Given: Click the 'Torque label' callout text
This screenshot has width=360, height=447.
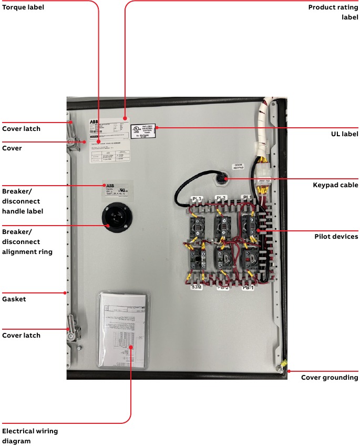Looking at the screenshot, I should [x=23, y=7].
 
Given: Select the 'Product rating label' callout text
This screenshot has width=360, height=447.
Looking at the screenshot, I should [x=333, y=12].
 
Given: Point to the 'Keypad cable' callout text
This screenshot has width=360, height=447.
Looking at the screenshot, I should [x=335, y=185].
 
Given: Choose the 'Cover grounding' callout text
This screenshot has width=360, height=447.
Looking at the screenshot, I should [x=330, y=378].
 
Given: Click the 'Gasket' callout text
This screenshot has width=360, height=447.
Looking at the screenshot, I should [x=14, y=299].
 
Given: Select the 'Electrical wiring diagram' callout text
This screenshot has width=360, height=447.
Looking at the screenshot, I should [x=30, y=436].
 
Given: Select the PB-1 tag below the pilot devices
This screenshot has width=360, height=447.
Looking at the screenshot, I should [x=248, y=287].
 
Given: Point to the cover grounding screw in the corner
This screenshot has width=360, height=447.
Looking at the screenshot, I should [x=282, y=370].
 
